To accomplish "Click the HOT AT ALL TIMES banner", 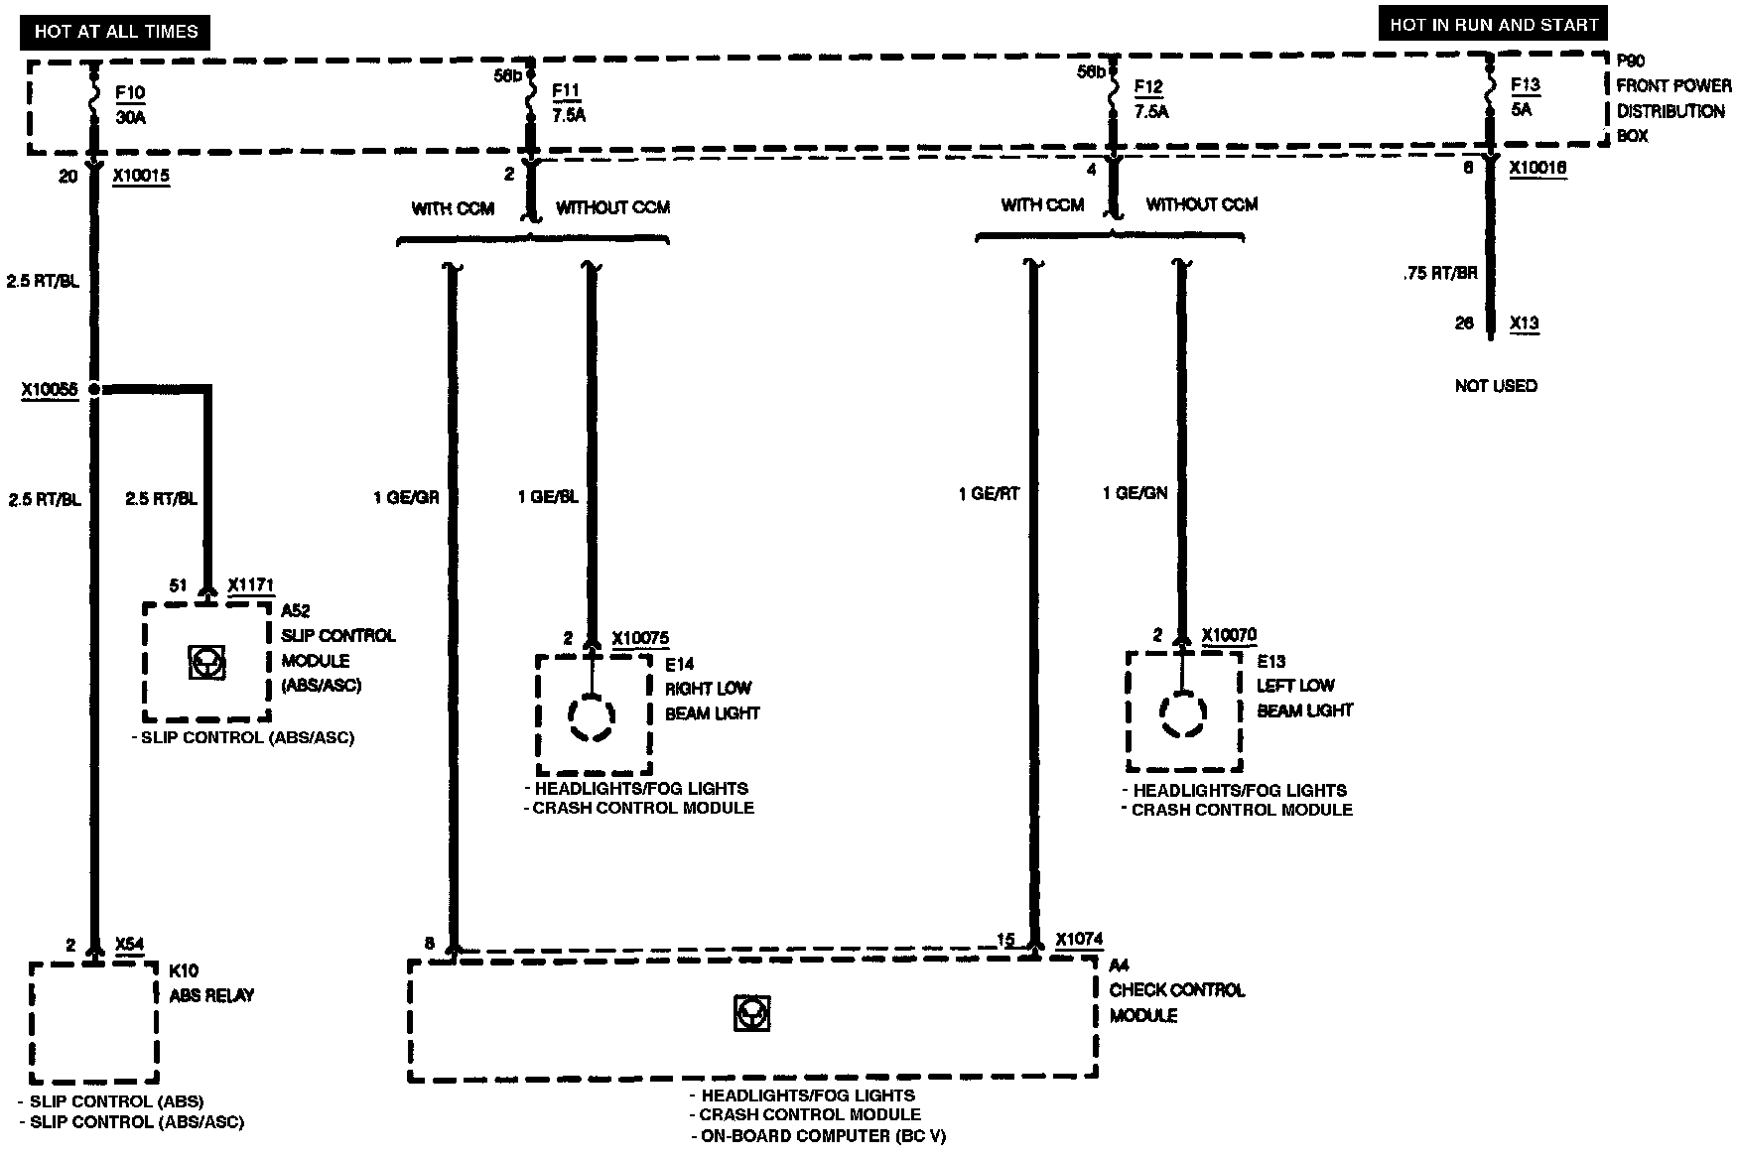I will (116, 32).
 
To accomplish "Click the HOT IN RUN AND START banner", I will (1493, 25).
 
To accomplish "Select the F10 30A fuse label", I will (129, 105).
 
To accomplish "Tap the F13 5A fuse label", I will (1525, 97).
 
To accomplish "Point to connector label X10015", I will (141, 177).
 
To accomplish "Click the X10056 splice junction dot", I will (95, 389).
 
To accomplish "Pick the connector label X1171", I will (250, 585).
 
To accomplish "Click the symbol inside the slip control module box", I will (206, 662).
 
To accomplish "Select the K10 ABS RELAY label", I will (210, 983).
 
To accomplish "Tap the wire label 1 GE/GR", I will (406, 497).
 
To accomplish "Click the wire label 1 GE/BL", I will (548, 497).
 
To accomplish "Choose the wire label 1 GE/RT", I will (989, 493).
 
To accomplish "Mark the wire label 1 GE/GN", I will (1136, 493).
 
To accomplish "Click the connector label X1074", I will (1079, 939).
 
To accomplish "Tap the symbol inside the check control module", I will (751, 1013).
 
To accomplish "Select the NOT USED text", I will (1496, 385).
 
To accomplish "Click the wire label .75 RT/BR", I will (1440, 273).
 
